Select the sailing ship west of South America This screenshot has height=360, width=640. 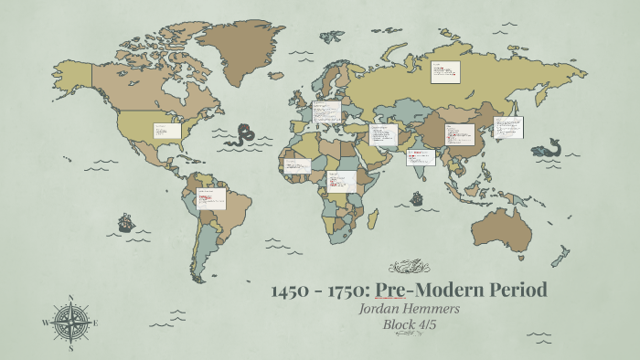(125, 222)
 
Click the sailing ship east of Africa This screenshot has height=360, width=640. (416, 197)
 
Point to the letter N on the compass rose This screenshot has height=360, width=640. (71, 298)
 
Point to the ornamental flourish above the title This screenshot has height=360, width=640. (409, 268)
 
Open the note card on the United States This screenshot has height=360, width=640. (166, 132)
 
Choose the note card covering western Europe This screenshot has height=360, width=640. (326, 112)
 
